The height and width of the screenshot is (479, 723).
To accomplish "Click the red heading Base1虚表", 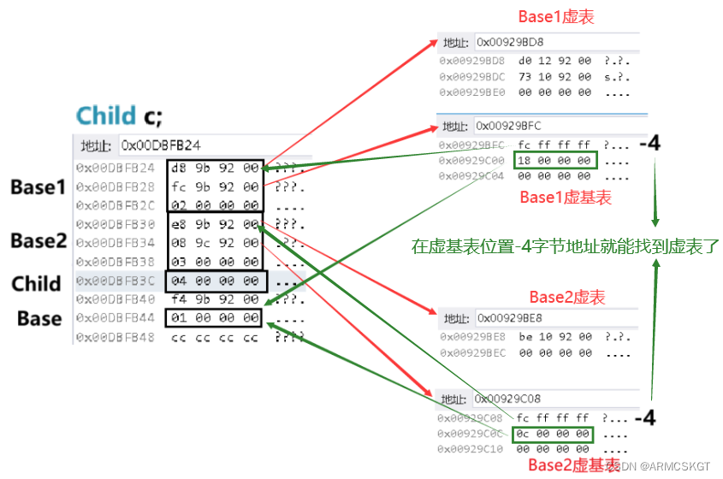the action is [x=556, y=16].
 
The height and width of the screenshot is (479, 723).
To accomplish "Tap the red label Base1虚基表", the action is [x=566, y=198].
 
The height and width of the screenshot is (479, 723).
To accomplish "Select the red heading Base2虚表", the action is [x=566, y=297].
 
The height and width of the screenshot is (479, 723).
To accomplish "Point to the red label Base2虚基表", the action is [x=573, y=464].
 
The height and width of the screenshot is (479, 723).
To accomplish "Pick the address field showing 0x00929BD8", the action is [x=510, y=42].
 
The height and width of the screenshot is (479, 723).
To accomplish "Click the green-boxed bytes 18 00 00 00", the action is [x=553, y=160].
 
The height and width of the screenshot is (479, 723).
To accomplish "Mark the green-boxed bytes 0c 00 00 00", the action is [x=553, y=434].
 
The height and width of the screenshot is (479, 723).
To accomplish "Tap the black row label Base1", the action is [x=38, y=187].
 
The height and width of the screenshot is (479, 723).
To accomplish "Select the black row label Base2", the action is [x=38, y=241].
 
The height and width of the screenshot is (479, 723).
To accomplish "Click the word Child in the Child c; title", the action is [x=106, y=115].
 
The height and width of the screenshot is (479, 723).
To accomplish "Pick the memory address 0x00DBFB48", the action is [x=116, y=337].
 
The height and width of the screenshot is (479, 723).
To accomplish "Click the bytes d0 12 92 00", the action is [x=554, y=62].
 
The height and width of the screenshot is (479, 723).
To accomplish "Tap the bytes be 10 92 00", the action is [x=554, y=336].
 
